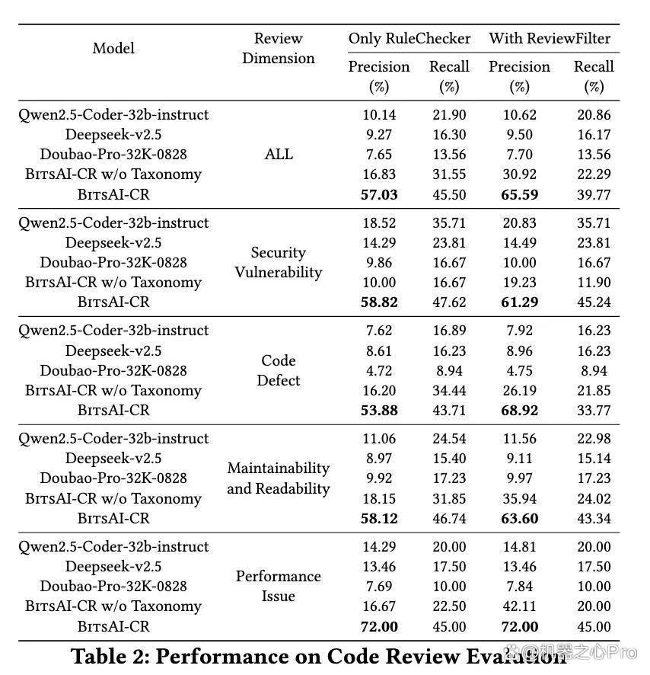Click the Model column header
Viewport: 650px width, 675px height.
tap(113, 48)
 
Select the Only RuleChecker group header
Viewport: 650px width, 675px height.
tap(409, 38)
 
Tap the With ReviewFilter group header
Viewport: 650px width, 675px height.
tap(550, 38)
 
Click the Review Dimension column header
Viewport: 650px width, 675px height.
tap(279, 48)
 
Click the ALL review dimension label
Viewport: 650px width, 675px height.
tap(279, 154)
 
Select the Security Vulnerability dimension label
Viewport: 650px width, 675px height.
tap(279, 262)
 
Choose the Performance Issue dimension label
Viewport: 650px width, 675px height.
tap(279, 586)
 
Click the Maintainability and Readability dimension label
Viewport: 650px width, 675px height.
tap(279, 478)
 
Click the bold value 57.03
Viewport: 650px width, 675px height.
tap(379, 194)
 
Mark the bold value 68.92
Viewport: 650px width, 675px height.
tap(520, 410)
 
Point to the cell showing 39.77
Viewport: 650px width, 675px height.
tap(594, 194)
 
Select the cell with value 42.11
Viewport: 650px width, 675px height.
tap(520, 606)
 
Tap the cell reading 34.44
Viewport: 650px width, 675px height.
tap(449, 391)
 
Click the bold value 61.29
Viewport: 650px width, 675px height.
tap(520, 302)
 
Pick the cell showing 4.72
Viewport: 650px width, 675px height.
tap(379, 371)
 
